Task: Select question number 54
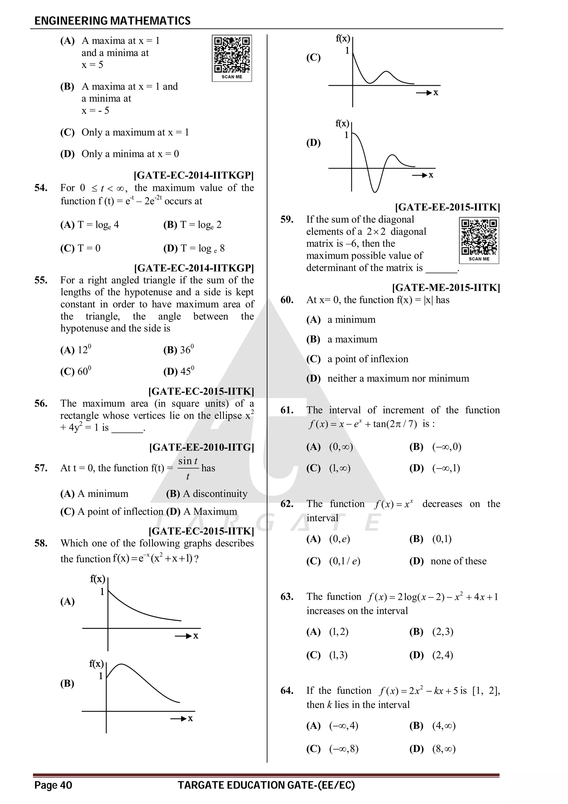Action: click(x=41, y=188)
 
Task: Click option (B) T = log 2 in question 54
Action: click(x=192, y=225)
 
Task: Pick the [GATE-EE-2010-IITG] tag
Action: click(x=202, y=447)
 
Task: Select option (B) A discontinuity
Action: click(x=206, y=494)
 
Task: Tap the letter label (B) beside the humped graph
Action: click(x=67, y=683)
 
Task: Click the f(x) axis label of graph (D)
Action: click(x=342, y=123)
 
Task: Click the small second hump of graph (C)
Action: click(x=386, y=72)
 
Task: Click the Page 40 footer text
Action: click(x=53, y=785)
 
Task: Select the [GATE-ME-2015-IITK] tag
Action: click(x=446, y=288)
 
